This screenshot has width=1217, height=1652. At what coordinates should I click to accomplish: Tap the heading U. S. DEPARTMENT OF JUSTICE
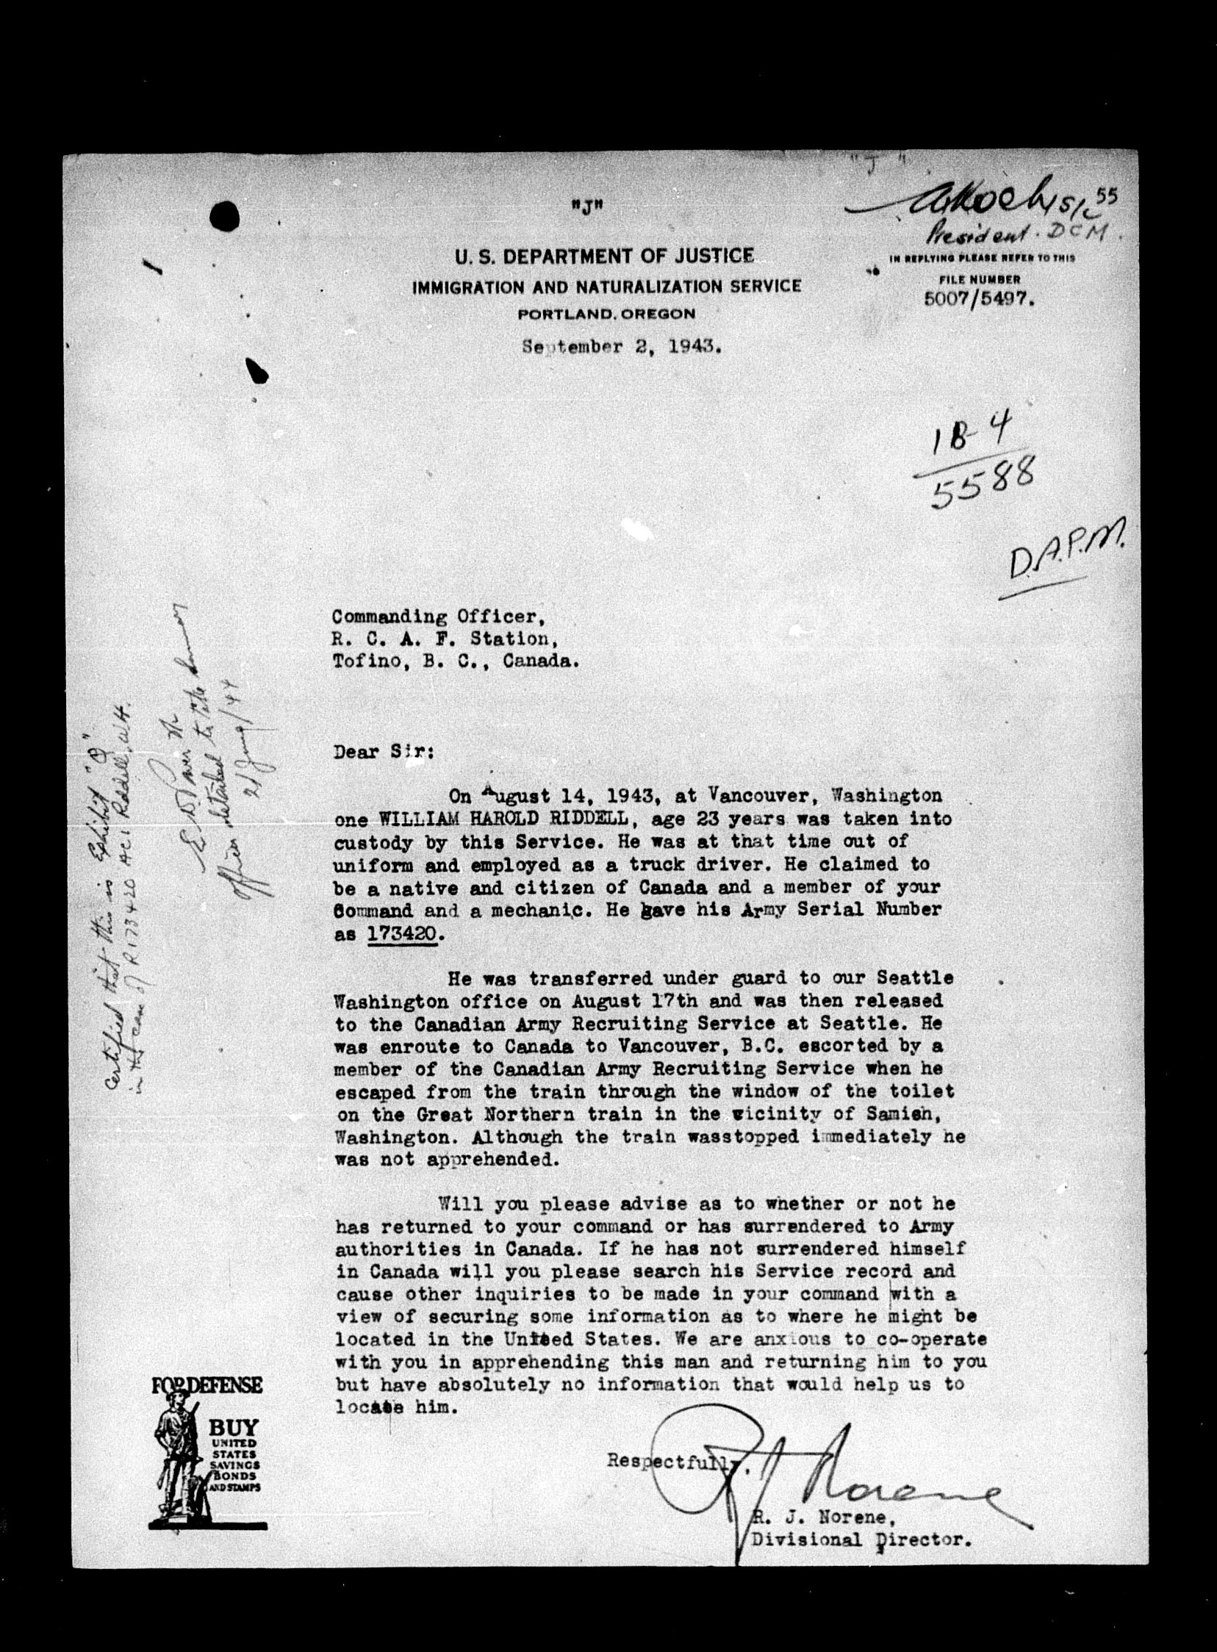(604, 257)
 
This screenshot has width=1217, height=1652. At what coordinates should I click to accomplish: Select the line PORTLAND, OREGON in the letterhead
(606, 314)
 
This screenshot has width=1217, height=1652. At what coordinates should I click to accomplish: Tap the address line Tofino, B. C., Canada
(455, 661)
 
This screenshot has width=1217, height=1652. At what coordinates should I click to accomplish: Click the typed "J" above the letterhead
(586, 207)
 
